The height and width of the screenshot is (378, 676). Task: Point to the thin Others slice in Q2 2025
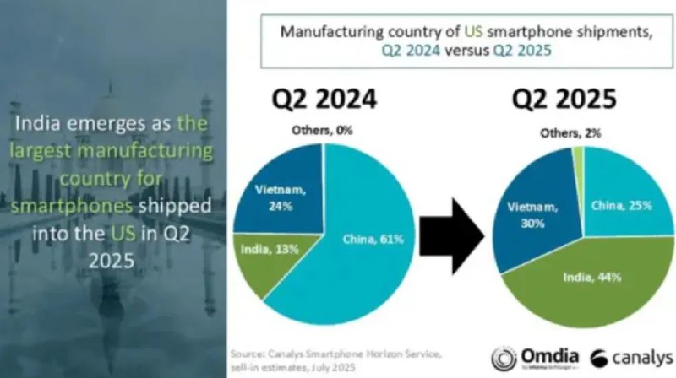[578, 157]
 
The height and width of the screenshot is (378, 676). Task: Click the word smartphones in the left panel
[68, 206]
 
